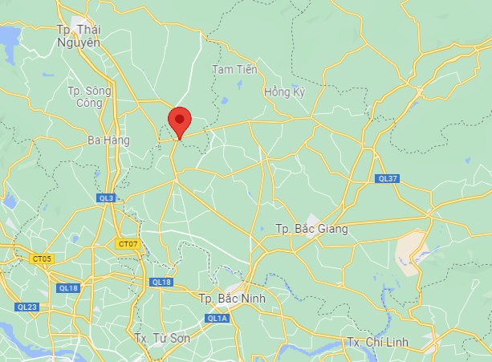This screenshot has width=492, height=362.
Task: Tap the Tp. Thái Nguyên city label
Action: tap(78, 36)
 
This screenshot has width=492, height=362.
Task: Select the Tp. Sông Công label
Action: tap(85, 96)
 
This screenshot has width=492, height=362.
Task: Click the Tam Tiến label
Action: tap(234, 70)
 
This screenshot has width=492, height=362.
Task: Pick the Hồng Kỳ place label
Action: tap(285, 93)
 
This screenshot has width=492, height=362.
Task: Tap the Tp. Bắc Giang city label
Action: tap(311, 229)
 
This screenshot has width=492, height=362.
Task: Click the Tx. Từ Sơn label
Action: tap(162, 339)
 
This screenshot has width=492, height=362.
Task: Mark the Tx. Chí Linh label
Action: tap(377, 343)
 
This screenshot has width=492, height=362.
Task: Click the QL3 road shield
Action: tap(106, 197)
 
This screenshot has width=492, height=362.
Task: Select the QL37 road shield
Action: tap(387, 178)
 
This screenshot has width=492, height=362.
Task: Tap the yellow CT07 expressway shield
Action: tap(128, 243)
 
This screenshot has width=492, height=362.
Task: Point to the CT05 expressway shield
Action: tap(42, 258)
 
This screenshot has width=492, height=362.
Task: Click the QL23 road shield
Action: tap(26, 307)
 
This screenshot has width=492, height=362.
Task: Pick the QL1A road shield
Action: tap(217, 319)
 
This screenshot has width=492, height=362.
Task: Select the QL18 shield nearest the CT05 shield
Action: tap(68, 287)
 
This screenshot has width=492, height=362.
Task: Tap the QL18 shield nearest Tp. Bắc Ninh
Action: tap(161, 282)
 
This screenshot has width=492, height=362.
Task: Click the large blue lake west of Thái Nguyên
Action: tap(8, 36)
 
